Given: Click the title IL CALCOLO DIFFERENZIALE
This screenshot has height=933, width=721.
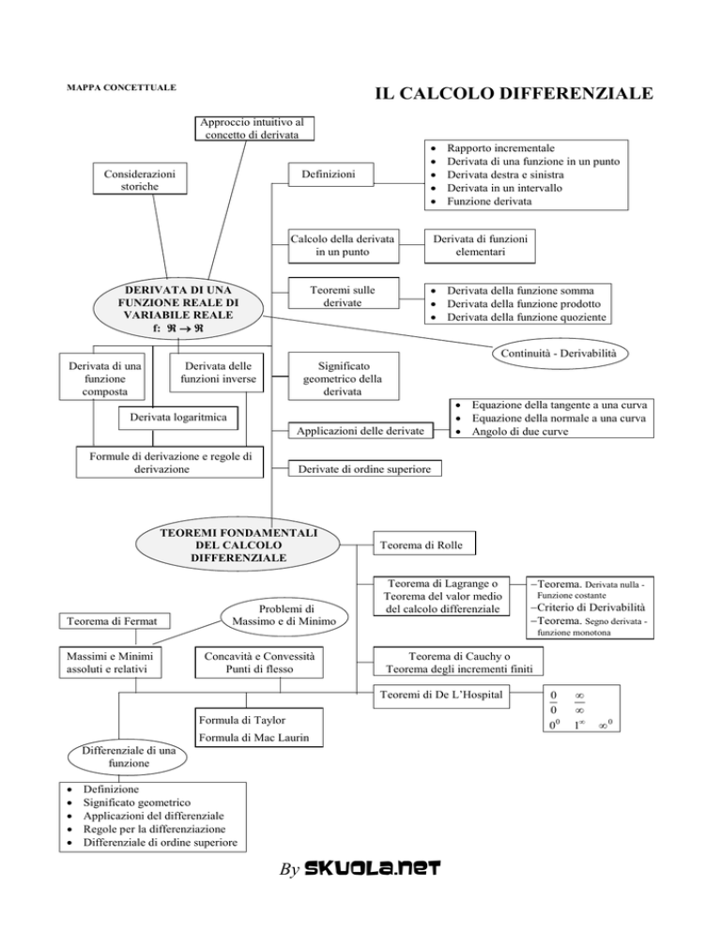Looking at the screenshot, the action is (x=514, y=94).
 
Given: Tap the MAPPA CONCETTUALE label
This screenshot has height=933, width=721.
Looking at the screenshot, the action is (x=121, y=87).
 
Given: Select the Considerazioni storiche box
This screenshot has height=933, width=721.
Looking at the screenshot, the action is (x=140, y=179).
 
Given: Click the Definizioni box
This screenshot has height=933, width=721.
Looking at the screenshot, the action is (x=331, y=175).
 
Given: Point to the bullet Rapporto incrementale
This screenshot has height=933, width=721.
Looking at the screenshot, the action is (x=500, y=148).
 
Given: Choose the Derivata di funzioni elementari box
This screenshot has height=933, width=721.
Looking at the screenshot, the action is (x=480, y=246).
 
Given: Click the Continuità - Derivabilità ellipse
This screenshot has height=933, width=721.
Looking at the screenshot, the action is (x=560, y=354).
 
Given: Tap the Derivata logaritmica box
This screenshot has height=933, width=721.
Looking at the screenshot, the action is (x=178, y=418).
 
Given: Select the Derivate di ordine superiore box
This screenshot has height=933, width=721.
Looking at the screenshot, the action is (x=365, y=469).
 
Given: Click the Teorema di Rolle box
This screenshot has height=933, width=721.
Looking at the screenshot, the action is (x=424, y=544).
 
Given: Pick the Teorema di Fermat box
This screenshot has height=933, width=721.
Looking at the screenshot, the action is (x=115, y=621).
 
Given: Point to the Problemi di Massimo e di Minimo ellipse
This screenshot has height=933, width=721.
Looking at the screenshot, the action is (x=284, y=616).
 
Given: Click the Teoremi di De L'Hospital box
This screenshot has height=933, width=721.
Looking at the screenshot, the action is (x=441, y=696).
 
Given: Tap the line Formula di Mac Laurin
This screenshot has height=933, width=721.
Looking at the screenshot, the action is (x=253, y=738).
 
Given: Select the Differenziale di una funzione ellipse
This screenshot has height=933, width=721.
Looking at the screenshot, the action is (x=129, y=757).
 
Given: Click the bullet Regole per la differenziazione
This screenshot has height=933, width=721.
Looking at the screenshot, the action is (x=154, y=829).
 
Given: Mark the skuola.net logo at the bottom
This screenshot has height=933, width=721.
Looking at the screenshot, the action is (x=372, y=868).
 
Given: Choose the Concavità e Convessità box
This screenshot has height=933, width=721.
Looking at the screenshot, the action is (x=259, y=663).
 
